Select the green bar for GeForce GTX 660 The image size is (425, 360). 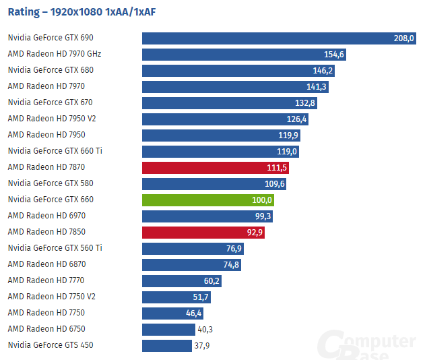tap(207, 200)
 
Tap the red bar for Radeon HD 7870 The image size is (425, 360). tap(215, 168)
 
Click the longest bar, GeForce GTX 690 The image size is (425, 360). tap(279, 38)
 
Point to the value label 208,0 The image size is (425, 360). tap(403, 38)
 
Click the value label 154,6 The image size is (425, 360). tap(334, 55)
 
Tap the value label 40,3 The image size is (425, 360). tap(206, 330)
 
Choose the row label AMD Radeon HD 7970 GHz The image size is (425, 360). tap(54, 54)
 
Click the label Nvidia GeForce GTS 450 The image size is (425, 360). tap(51, 345)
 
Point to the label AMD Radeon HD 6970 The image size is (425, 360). tap(46, 216)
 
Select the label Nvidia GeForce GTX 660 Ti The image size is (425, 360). tap(55, 151)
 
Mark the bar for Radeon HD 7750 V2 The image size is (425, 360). tap(176, 297)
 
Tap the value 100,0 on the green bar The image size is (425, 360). tap(261, 200)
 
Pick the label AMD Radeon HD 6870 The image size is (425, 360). tap(46, 264)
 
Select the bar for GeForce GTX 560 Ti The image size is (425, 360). tap(193, 249)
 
